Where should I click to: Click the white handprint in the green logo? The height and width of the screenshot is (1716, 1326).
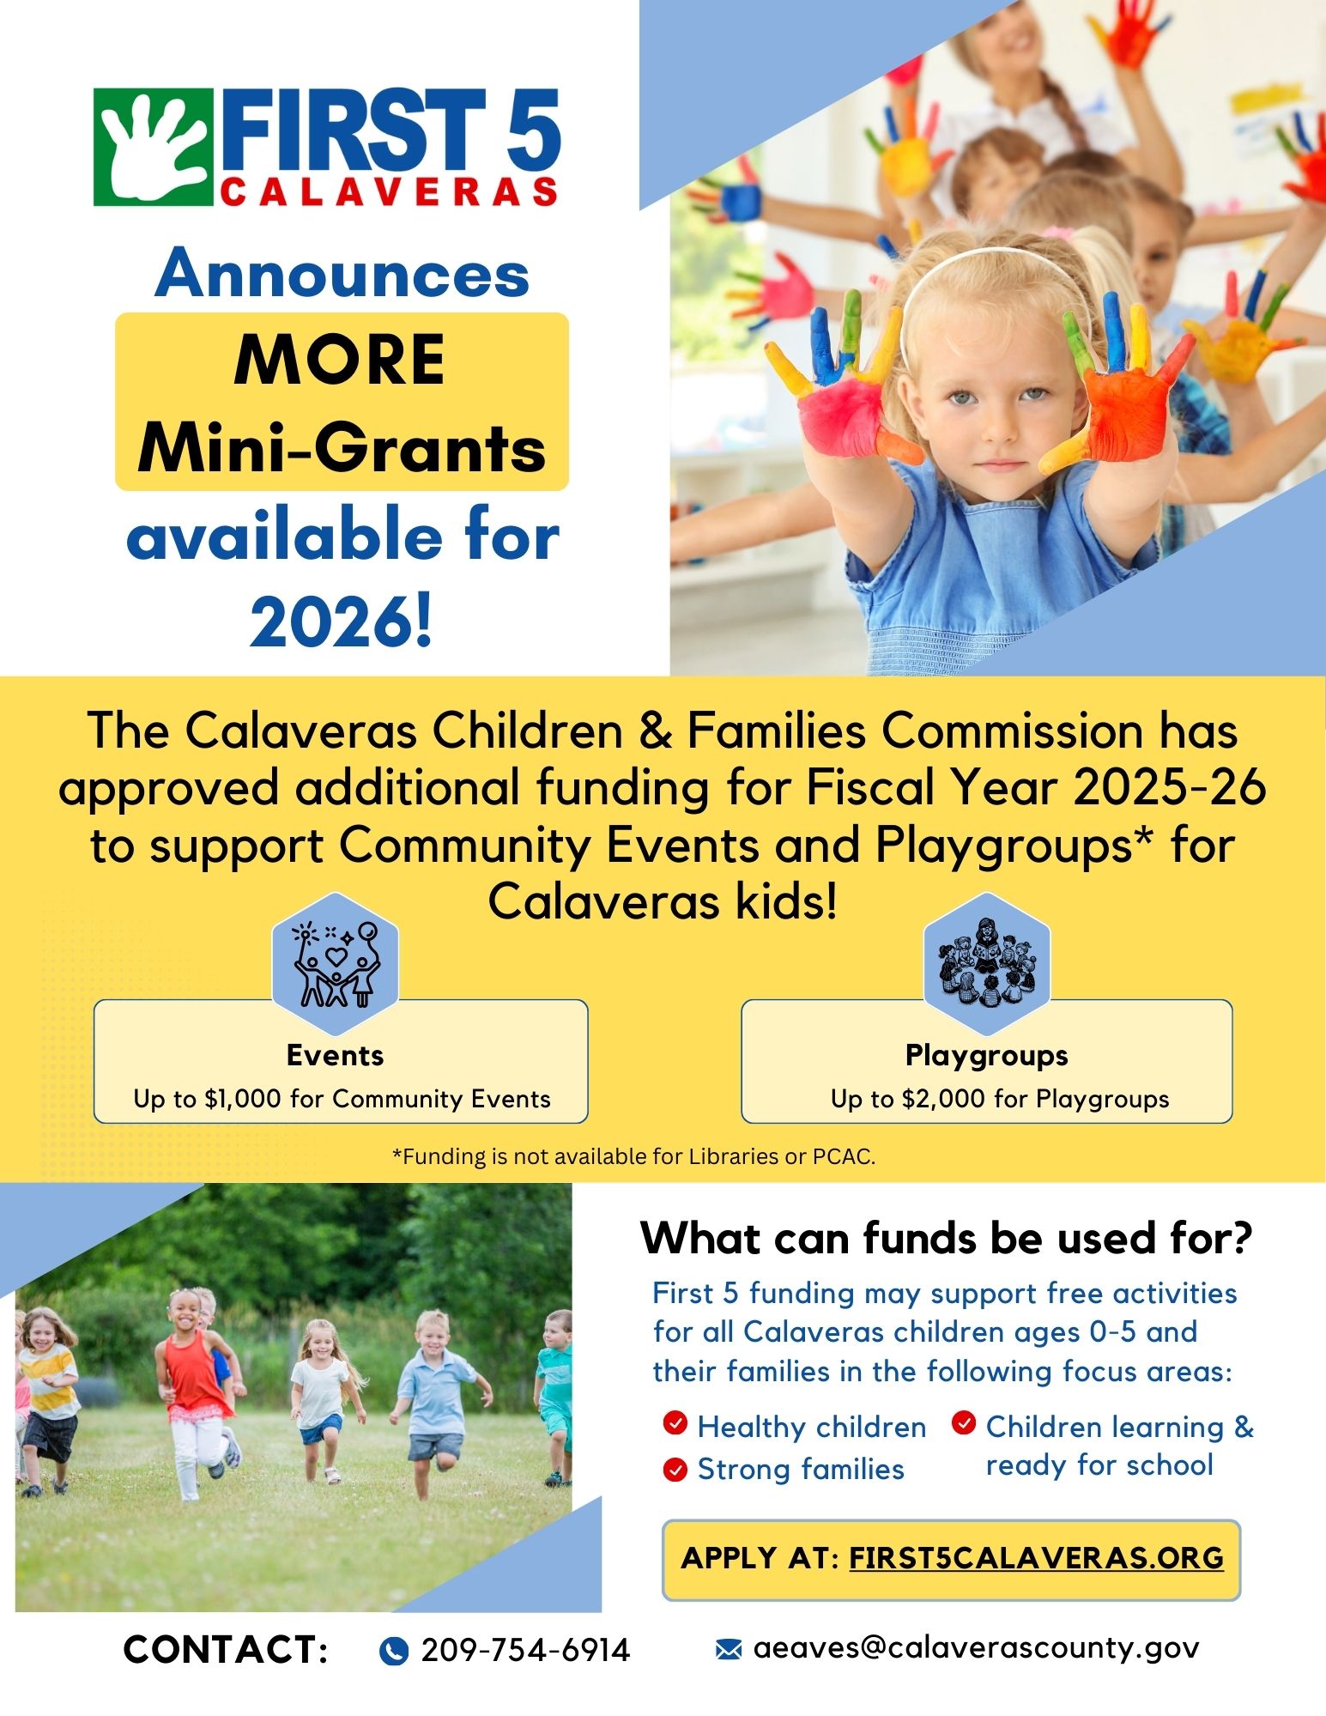(x=152, y=147)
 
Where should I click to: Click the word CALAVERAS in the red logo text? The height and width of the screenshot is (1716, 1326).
(x=390, y=192)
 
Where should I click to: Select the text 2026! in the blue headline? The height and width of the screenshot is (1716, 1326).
(x=342, y=622)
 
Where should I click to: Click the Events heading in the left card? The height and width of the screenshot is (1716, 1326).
(x=336, y=1055)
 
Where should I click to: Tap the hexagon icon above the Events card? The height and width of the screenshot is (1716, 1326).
(x=336, y=963)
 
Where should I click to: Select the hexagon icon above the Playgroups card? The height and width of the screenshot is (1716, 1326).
(x=987, y=963)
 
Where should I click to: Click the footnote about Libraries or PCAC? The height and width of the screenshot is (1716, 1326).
(x=633, y=1156)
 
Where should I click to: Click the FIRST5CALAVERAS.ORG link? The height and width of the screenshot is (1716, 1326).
(x=1036, y=1557)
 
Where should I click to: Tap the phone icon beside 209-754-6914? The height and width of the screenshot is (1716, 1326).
(x=393, y=1650)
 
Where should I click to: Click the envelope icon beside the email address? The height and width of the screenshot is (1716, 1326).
(x=728, y=1649)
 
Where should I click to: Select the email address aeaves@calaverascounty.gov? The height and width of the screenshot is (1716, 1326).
(x=976, y=1648)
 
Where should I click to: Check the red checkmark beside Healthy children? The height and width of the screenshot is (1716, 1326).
(x=675, y=1423)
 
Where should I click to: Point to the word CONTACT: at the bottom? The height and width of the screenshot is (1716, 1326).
(x=226, y=1650)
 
